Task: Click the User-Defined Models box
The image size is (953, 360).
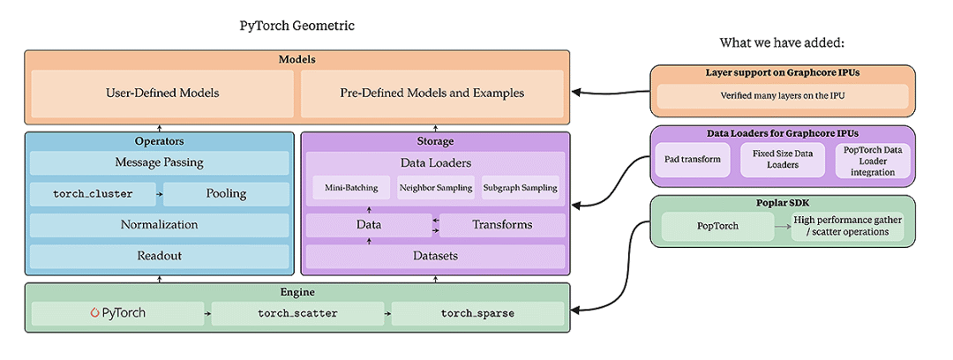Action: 162,94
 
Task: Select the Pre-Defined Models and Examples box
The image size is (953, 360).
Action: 432,94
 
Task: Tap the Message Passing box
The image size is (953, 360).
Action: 159,162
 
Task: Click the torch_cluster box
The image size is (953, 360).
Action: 92,194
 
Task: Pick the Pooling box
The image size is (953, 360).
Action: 226,194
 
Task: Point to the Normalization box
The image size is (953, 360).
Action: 159,225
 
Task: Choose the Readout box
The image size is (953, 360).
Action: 159,256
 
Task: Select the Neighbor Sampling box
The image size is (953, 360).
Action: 436,187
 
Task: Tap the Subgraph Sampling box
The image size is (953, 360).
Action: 520,187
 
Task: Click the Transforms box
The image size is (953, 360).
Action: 502,225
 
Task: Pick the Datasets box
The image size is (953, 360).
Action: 435,256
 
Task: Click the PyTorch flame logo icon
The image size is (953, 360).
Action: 94,313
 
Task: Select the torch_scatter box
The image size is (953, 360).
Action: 297,313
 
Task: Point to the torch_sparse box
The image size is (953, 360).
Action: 477,313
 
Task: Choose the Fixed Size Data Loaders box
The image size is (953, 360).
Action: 777,160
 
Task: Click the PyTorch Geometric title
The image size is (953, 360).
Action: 297,26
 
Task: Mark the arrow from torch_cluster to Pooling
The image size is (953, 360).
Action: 159,194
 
